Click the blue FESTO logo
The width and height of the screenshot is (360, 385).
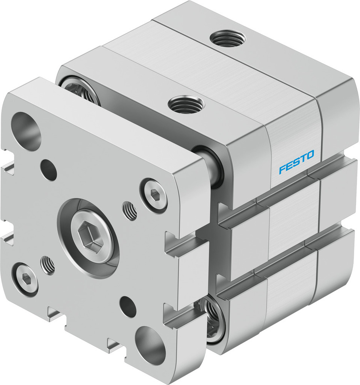click(x=296, y=162)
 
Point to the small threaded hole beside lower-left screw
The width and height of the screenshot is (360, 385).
click(x=47, y=265)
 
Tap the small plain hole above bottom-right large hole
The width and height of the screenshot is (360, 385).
click(x=127, y=306)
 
